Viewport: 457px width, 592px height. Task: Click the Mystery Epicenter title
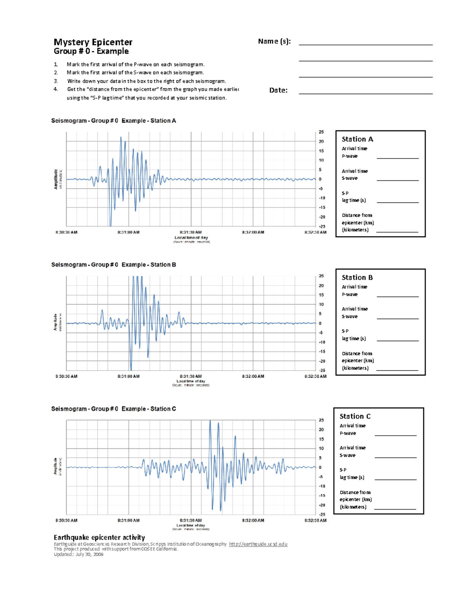coord(93,42)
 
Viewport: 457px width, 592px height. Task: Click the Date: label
coord(278,90)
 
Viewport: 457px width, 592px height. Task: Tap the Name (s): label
coord(274,41)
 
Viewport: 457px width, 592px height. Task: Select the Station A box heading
coord(357,139)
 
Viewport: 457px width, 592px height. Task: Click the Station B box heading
coord(357,278)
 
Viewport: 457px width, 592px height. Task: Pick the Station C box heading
coord(355,416)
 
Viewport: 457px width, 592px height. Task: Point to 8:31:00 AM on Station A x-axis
coord(128,232)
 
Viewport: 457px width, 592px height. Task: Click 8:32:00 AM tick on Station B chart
coord(253,376)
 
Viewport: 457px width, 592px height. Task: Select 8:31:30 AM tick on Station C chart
coord(191,520)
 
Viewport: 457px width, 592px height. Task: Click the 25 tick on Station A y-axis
coord(321,132)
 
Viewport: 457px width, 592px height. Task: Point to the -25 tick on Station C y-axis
coord(322,514)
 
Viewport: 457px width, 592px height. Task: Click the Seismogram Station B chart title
coord(113,265)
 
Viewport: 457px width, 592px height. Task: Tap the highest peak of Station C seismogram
coord(210,421)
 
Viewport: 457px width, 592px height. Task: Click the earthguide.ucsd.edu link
coord(258,544)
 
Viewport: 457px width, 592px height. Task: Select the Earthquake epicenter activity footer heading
coord(99,537)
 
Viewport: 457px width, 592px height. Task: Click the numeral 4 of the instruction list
coord(56,89)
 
